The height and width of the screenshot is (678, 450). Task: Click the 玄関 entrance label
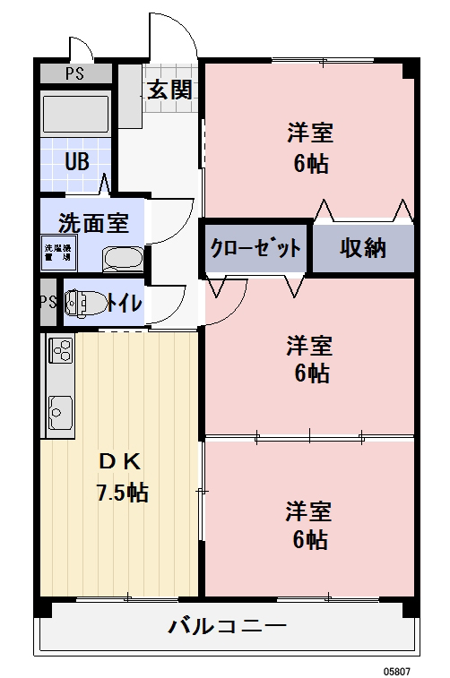(x=169, y=90)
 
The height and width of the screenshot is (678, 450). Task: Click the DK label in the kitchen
(x=119, y=462)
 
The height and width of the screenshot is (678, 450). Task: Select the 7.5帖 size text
(x=122, y=492)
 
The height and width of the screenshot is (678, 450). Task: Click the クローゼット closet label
(x=255, y=248)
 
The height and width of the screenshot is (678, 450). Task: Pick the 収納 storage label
(x=362, y=248)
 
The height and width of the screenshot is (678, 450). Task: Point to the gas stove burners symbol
(x=60, y=349)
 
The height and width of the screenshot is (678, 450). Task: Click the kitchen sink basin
(x=60, y=413)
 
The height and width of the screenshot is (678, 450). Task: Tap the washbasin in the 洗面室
(x=122, y=259)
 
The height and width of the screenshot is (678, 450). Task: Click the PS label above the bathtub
(x=75, y=73)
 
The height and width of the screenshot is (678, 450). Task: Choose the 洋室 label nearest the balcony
(x=309, y=511)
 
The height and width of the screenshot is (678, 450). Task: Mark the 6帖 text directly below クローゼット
(x=311, y=373)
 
